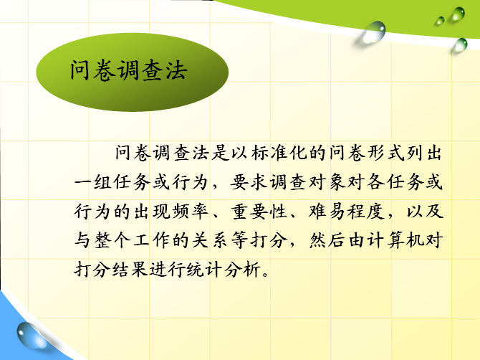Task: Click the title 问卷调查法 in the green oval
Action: coord(128,70)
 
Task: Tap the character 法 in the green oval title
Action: coord(176,70)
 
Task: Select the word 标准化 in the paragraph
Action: coord(279,152)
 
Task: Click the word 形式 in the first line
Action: coord(386,152)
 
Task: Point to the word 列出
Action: coord(424,152)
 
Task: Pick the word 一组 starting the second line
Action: coord(92,182)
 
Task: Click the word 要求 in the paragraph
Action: coord(249,182)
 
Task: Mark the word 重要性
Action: coord(259,211)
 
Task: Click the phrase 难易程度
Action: coord(347,211)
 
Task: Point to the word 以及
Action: coord(425,211)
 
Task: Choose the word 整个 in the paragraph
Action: coord(112,240)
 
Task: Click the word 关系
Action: coord(210,240)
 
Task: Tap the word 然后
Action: coord(327,240)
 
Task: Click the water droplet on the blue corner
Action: coord(30,335)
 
